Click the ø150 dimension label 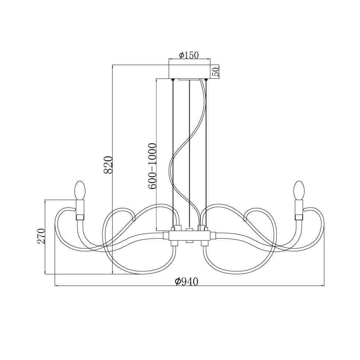point(188,55)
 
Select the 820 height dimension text point(108,165)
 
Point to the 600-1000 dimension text point(152,166)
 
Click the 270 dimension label point(41,236)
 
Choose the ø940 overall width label point(186,281)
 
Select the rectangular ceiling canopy point(190,72)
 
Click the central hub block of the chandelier point(190,236)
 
